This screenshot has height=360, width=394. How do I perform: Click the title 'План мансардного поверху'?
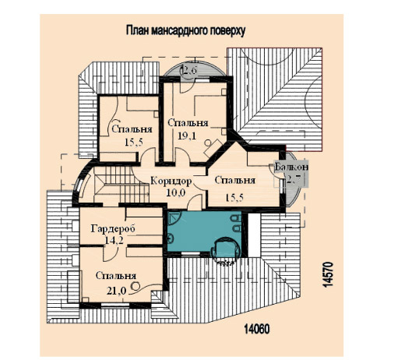tap(185, 30)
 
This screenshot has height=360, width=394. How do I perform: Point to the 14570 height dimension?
tap(328, 274)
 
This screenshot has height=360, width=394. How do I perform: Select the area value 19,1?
tap(187, 136)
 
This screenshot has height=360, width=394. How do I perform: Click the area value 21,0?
tap(117, 291)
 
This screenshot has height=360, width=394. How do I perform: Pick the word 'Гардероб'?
tap(113, 229)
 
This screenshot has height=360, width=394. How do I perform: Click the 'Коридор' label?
tap(171, 181)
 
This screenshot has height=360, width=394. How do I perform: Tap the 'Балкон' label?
tap(291, 167)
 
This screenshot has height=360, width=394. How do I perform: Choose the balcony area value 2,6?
tap(190, 70)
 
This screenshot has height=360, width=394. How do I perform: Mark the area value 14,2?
tap(114, 240)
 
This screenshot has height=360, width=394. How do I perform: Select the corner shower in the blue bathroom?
tap(174, 218)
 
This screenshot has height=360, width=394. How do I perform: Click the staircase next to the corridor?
tap(121, 185)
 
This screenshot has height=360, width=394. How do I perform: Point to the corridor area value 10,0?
tap(176, 192)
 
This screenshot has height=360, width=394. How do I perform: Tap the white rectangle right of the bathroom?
tap(255, 235)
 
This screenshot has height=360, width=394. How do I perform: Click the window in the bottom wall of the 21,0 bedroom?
tap(115, 305)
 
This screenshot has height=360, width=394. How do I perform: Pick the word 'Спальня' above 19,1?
tap(188, 123)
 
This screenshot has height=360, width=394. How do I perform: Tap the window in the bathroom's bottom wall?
tap(191, 254)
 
